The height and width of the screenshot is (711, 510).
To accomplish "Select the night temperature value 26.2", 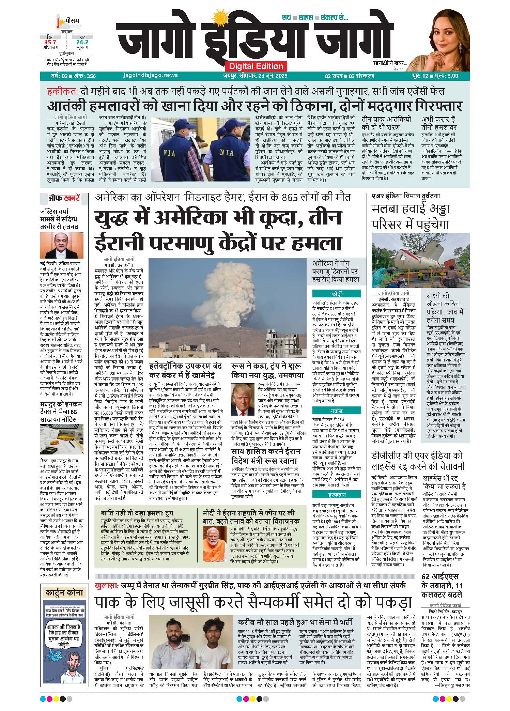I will pyautogui.click(x=82, y=42).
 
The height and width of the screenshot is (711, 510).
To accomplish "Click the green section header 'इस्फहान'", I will pyautogui.click(x=336, y=494).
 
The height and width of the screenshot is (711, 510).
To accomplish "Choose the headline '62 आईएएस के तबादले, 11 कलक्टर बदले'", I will pyautogui.click(x=441, y=586).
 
